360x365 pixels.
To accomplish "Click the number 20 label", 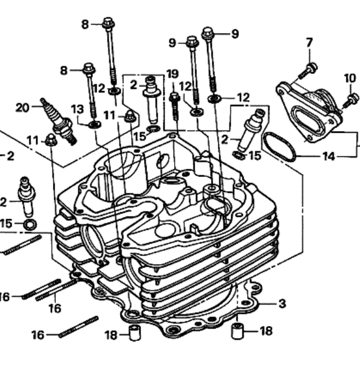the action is pyautogui.click(x=22, y=108).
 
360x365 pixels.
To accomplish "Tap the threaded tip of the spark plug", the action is pyautogui.click(x=72, y=140).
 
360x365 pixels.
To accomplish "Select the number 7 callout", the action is pyautogui.click(x=309, y=42).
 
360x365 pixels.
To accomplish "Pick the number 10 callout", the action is pyautogui.click(x=350, y=78).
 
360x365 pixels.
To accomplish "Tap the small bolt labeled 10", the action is pyautogui.click(x=351, y=100).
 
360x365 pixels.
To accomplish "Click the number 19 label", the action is pyautogui.click(x=173, y=74).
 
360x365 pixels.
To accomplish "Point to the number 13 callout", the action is pyautogui.click(x=77, y=109).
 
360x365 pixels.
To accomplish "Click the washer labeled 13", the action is pyautogui.click(x=95, y=125).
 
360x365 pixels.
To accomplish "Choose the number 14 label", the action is pyautogui.click(x=329, y=156).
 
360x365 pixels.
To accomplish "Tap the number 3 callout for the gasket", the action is pyautogui.click(x=282, y=303).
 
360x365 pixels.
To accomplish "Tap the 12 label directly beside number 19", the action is pyautogui.click(x=185, y=86).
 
